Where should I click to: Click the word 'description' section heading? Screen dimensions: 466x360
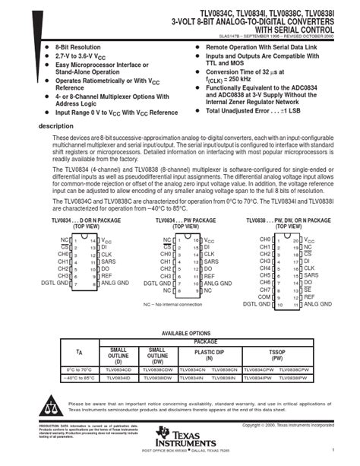[x=56, y=125]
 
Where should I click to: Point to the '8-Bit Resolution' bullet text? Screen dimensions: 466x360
[x=79, y=47]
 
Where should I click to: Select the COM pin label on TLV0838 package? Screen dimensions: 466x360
[x=264, y=296]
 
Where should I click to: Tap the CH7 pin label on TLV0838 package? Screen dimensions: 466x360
[x=264, y=289]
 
